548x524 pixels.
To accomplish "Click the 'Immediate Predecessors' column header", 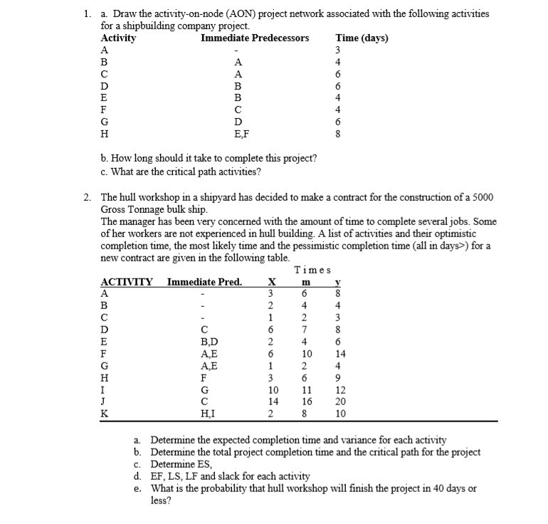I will click(x=255, y=38).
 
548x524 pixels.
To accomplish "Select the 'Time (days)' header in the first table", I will click(x=362, y=38).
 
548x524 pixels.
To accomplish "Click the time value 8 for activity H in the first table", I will click(x=338, y=132).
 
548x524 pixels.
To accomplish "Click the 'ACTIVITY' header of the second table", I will click(x=127, y=282).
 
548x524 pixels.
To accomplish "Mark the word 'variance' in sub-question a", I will click(x=384, y=440).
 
